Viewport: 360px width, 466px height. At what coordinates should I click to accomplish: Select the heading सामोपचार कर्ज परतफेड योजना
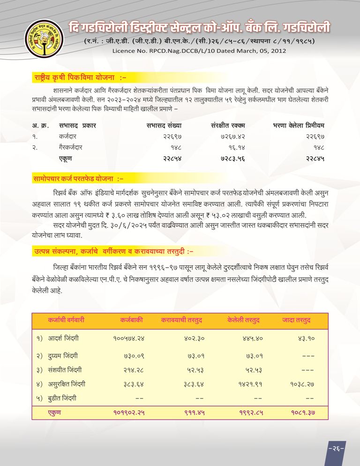[x=78, y=179]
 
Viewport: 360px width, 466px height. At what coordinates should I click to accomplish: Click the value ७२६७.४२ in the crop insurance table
[x=233, y=136]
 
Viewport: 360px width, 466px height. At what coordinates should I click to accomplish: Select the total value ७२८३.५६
[x=233, y=158]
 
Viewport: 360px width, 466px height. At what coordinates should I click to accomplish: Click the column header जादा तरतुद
[x=297, y=320]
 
